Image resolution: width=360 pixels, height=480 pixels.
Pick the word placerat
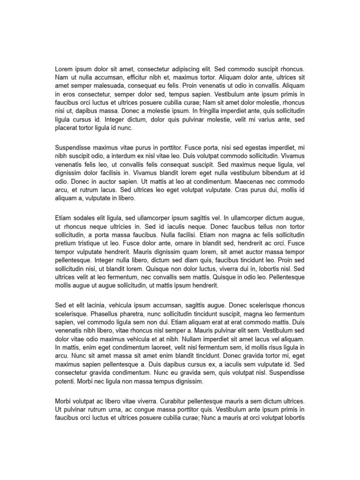67,128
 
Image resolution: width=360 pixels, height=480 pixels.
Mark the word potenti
67,381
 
